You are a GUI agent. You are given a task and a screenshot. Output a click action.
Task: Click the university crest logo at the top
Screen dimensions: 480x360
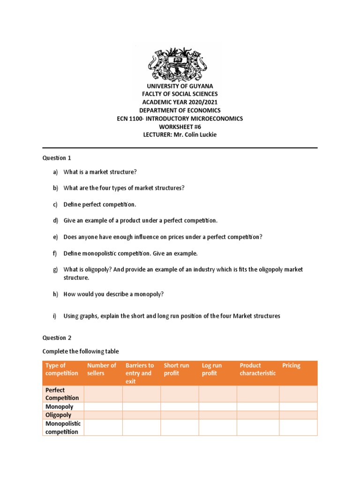180,63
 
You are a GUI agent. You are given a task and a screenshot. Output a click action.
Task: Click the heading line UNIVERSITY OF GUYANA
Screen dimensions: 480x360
180,86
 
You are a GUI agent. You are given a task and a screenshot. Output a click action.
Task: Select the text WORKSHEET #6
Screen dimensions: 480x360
180,127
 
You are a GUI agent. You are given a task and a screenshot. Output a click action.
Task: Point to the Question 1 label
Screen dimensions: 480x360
57,158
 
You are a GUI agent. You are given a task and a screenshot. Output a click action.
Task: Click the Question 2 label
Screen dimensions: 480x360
57,337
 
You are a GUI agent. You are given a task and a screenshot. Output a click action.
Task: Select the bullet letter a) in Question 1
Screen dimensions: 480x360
55,172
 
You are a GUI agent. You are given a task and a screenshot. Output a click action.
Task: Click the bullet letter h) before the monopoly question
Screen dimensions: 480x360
55,294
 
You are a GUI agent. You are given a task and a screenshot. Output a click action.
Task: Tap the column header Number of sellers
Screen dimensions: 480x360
102,369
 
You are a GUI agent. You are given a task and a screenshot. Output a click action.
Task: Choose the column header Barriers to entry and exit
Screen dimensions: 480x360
140,373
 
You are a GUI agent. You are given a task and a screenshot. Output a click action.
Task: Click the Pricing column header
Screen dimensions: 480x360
291,366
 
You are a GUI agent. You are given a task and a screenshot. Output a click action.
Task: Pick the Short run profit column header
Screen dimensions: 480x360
177,369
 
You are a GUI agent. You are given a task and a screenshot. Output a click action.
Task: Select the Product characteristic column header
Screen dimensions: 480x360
258,369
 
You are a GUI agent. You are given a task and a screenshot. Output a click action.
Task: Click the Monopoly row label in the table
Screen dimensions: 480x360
59,407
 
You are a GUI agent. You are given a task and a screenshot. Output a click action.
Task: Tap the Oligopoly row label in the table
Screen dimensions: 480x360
59,415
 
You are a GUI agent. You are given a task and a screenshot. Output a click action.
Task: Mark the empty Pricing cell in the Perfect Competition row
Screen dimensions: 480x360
298,394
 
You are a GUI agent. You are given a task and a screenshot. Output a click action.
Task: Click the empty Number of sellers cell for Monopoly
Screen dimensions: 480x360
103,407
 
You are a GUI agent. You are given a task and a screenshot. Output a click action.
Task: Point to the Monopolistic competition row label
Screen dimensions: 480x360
63,427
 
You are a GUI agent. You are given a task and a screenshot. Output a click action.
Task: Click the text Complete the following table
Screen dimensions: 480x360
81,352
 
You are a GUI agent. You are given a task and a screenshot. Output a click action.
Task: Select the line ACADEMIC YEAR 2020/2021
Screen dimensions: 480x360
180,102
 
